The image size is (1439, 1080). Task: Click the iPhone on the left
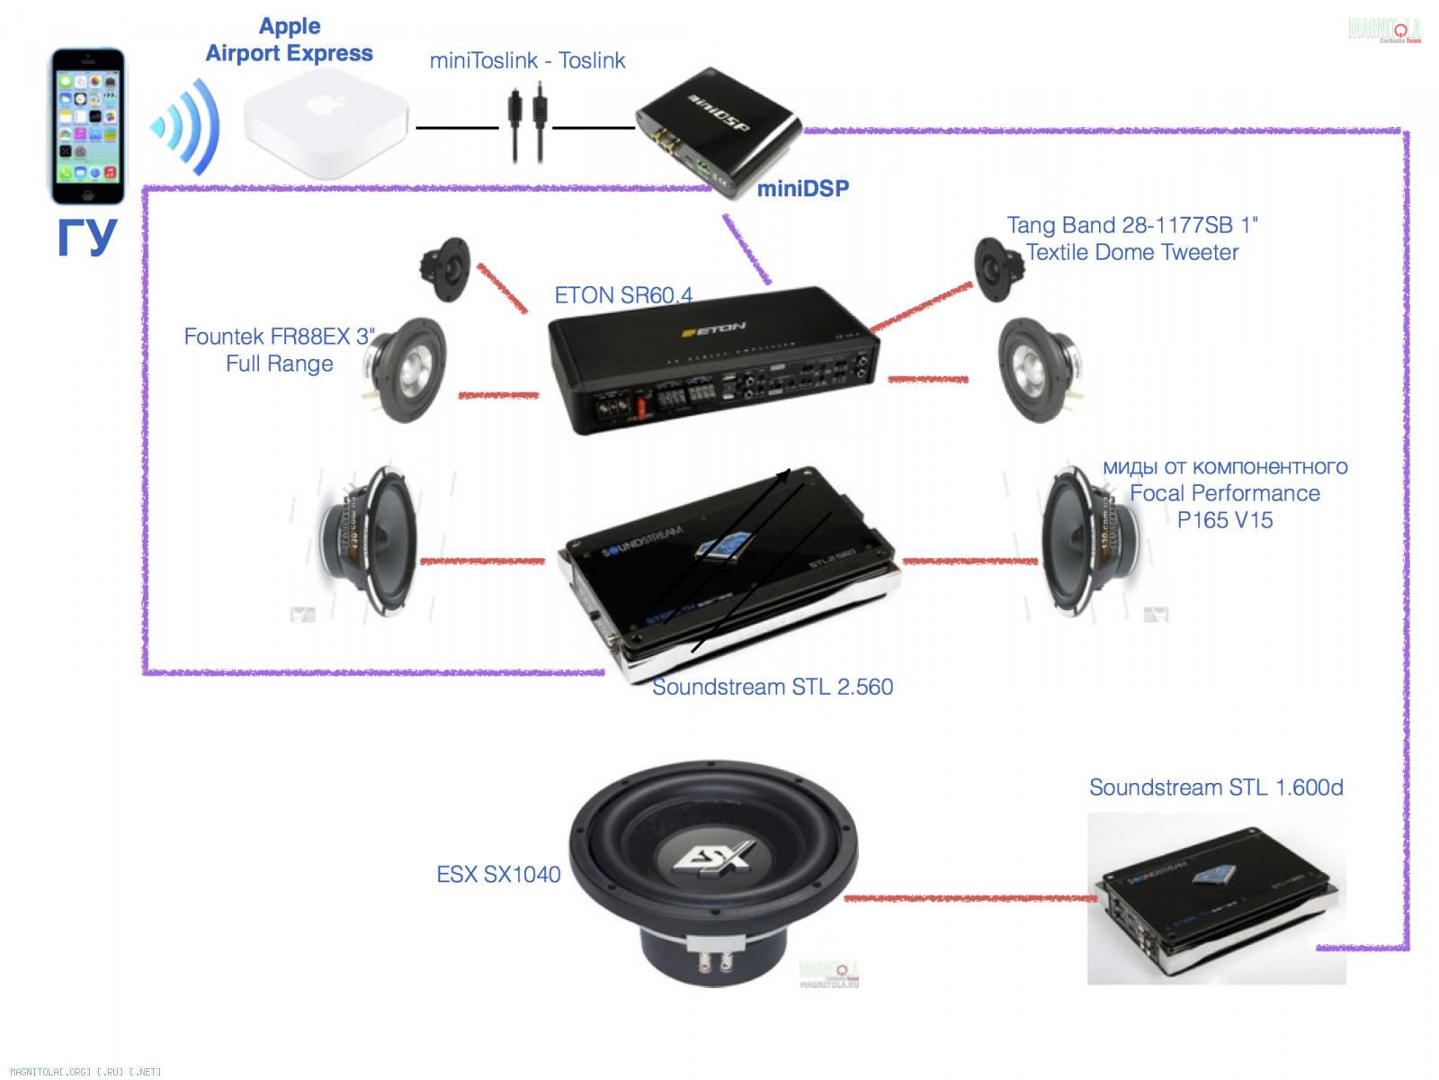click(86, 126)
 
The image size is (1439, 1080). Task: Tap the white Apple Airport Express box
click(325, 129)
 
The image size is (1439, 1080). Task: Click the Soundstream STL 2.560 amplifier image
click(728, 576)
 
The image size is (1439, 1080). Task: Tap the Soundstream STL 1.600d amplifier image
click(1216, 900)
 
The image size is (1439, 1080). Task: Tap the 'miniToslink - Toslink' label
click(527, 60)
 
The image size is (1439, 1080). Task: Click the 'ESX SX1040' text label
click(498, 874)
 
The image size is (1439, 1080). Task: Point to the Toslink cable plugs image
click(528, 127)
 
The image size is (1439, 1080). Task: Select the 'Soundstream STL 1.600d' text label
click(1216, 787)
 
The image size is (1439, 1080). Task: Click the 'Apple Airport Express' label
click(290, 40)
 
